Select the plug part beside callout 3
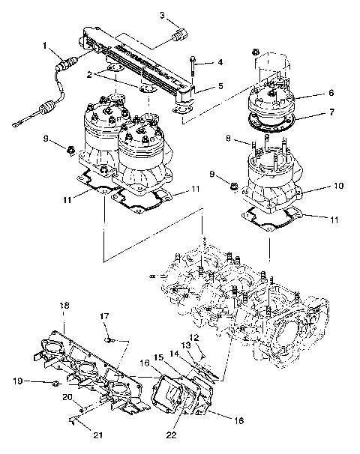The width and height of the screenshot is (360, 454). [x=180, y=35]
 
